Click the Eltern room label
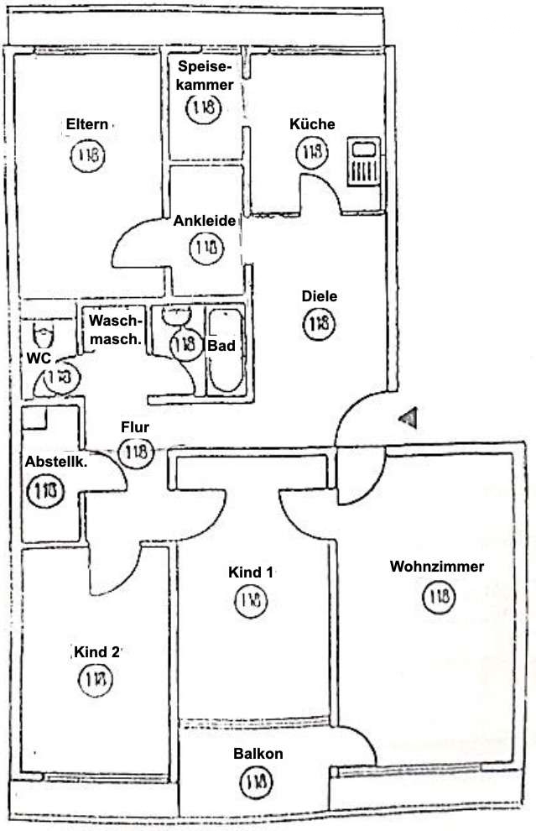pos(87,124)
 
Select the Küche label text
pos(312,124)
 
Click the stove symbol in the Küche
pos(364,163)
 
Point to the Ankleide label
pos(204,222)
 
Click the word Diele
pos(319,296)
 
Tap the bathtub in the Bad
pos(224,353)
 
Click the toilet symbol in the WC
pos(43,336)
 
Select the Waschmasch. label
pos(116,329)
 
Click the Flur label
pos(135,426)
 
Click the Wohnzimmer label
pos(436,567)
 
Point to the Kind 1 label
pos(251,572)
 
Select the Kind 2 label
pos(96,651)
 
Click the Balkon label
pos(258,754)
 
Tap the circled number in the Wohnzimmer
pos(438,598)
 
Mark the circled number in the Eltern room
pos(88,155)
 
